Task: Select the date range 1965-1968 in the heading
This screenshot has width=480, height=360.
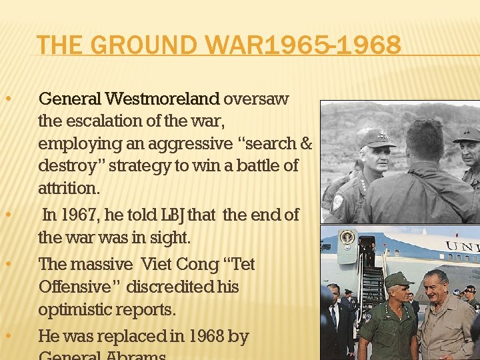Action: coord(333,46)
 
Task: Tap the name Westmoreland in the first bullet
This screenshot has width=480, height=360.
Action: coord(162,99)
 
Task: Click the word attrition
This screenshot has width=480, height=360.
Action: coord(69,188)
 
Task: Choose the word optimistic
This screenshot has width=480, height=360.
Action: coord(73,309)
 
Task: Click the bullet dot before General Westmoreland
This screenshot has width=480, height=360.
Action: coord(7,99)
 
